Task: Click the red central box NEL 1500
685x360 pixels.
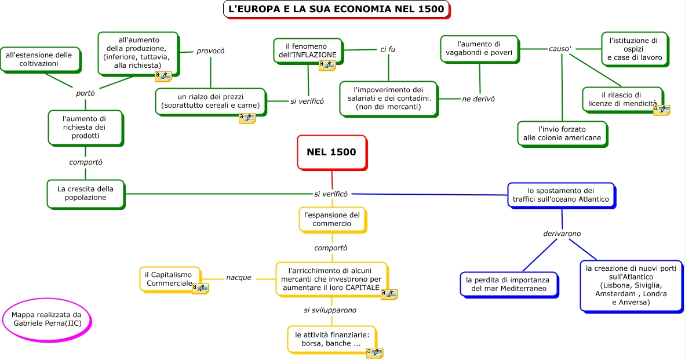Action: (x=331, y=152)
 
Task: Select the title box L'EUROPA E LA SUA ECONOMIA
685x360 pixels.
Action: (x=336, y=9)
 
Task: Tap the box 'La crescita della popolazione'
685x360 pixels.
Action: (x=85, y=193)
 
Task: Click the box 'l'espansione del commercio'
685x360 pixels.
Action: (x=332, y=219)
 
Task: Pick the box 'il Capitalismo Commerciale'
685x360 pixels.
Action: (x=169, y=279)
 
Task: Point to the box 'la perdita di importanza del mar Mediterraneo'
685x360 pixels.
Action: (x=509, y=284)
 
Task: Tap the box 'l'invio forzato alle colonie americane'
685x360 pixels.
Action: (x=562, y=133)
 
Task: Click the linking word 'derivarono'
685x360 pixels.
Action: (x=562, y=234)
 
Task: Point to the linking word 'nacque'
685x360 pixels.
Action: (x=239, y=278)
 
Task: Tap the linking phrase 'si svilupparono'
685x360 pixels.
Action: (x=330, y=310)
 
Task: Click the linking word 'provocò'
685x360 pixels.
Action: (x=210, y=50)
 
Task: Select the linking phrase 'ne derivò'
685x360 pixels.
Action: (x=478, y=99)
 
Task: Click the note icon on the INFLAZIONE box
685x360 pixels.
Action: (x=327, y=66)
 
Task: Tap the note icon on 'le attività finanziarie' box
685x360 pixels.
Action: (x=374, y=352)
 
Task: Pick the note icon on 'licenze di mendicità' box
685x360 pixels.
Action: (x=661, y=109)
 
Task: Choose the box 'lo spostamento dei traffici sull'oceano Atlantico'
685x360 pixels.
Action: (x=560, y=195)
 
